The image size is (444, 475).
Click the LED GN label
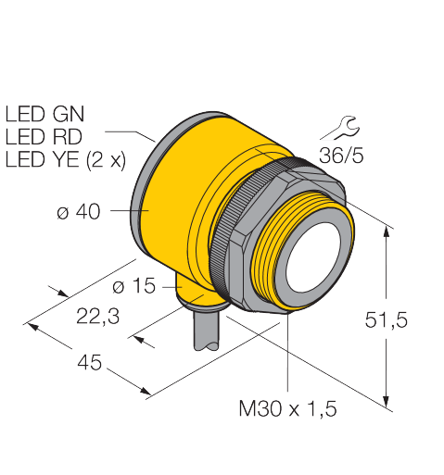tap(44, 114)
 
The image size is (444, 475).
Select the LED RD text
tap(44, 137)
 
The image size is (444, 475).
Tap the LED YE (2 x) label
tap(66, 160)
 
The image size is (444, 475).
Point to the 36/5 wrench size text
tap(341, 156)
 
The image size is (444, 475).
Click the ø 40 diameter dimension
tap(79, 211)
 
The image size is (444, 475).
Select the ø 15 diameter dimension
tap(133, 285)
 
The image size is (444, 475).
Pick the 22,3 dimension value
tap(97, 317)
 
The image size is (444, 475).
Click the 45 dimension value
tap(89, 362)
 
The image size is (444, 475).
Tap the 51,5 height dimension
tap(387, 319)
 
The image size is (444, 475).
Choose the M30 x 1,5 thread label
tap(287, 408)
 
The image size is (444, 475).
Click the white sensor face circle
tap(313, 256)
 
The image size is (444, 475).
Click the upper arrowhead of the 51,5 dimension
tap(386, 231)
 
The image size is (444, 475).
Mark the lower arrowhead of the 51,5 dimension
tap(386, 402)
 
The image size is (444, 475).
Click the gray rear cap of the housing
tap(146, 185)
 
